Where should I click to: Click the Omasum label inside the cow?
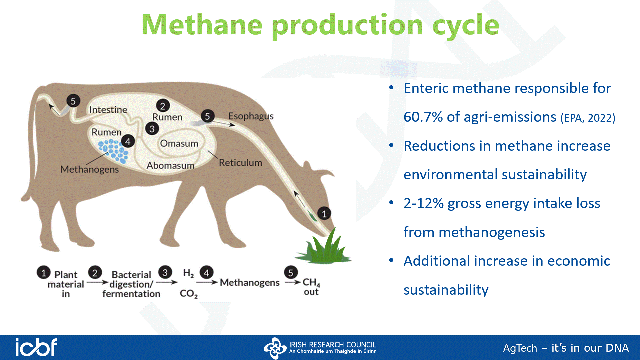179,143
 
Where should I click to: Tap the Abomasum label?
170,165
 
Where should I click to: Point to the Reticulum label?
240,163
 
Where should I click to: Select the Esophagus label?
251,116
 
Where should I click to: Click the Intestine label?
108,110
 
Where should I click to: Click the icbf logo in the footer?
36,347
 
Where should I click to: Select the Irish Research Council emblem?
275,348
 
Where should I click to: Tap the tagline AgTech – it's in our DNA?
566,348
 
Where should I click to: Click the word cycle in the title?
466,25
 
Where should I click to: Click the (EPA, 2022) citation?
588,118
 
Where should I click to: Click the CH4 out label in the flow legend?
311,287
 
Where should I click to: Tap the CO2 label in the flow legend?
189,294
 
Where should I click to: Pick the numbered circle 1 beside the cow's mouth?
324,214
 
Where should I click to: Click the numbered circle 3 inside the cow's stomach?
152,129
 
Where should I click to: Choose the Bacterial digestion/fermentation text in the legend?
131,284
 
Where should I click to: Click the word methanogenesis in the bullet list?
474,232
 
